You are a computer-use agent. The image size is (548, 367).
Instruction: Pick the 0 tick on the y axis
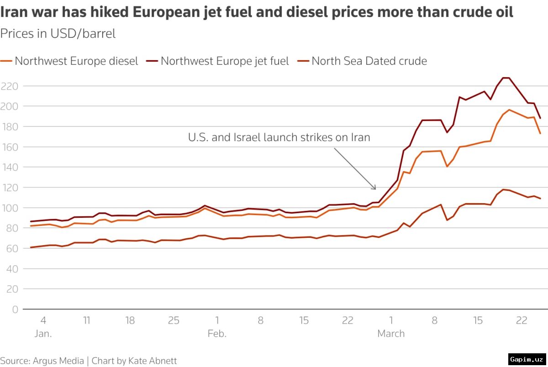tap(15, 309)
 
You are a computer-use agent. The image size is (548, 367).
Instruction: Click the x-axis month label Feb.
tap(217, 334)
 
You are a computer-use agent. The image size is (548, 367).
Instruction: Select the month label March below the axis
tap(391, 334)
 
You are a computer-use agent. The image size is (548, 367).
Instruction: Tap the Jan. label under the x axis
tap(43, 334)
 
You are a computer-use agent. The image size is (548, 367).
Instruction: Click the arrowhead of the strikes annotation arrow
tap(375, 189)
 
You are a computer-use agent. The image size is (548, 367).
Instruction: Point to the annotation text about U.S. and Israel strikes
tap(279, 137)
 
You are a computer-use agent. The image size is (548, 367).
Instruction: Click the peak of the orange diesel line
tap(509, 110)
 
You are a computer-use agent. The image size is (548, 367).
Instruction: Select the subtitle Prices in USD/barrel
tap(58, 34)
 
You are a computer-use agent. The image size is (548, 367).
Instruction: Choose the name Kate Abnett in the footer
tap(153, 361)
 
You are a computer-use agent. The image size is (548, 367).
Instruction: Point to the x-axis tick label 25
tap(174, 320)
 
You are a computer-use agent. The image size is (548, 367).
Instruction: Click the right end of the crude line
tap(540, 198)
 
